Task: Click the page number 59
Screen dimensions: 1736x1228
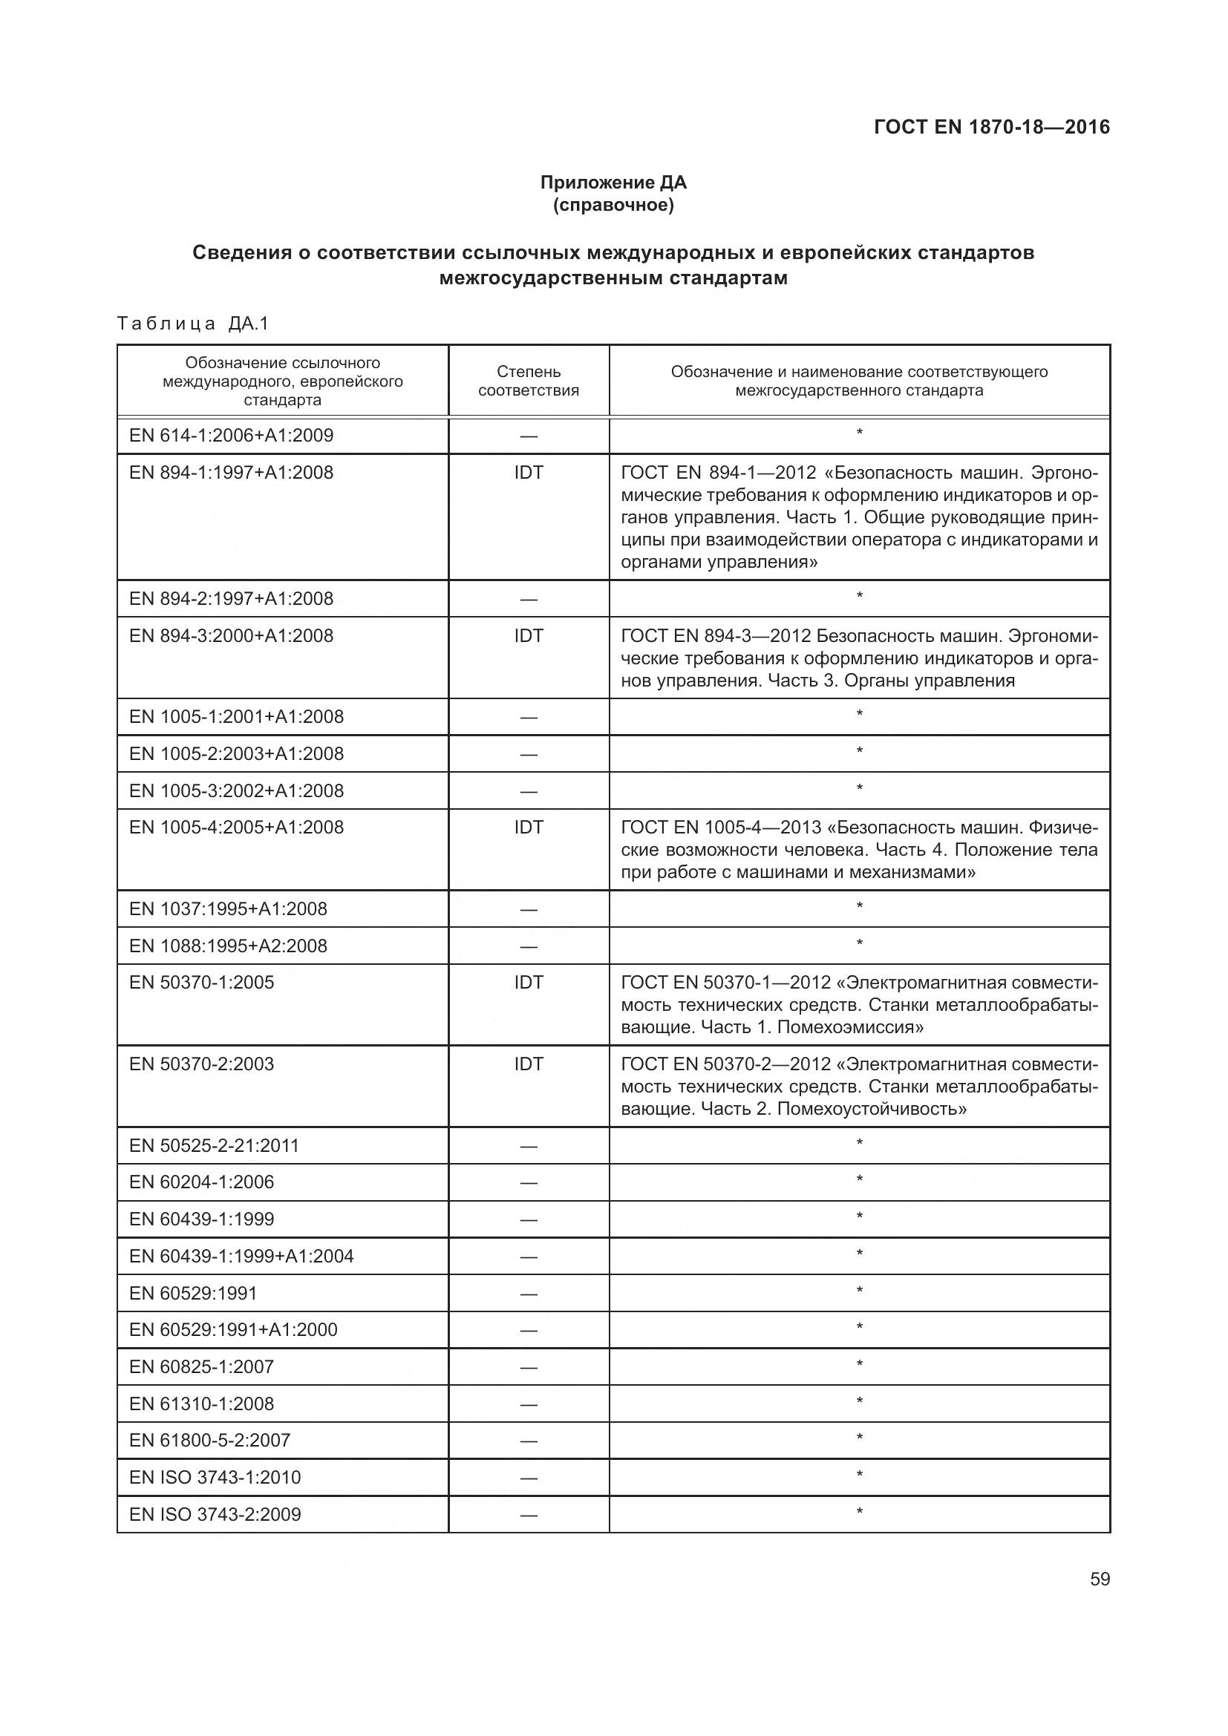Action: point(1100,1579)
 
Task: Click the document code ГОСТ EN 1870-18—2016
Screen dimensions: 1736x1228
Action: point(991,127)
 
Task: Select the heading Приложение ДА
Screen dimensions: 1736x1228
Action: point(613,183)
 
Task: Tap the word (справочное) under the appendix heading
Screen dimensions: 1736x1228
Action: point(613,205)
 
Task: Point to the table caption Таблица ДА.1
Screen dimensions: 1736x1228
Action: point(194,324)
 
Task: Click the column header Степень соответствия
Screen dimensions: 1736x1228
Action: point(529,381)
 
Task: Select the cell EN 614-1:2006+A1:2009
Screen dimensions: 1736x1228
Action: point(232,436)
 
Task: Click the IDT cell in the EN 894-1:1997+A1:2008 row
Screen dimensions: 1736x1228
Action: point(529,473)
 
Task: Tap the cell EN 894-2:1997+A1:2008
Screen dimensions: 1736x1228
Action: point(232,599)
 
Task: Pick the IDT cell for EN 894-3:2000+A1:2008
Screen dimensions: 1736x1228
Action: point(529,636)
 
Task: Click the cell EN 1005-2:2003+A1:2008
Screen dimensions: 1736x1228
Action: point(236,754)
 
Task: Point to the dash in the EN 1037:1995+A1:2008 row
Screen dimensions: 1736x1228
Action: point(529,910)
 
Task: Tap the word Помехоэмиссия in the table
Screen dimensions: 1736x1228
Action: point(850,1026)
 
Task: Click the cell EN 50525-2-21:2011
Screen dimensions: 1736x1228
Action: point(214,1145)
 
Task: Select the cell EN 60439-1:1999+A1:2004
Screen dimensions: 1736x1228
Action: point(241,1256)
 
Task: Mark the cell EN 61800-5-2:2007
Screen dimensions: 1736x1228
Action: point(209,1441)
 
